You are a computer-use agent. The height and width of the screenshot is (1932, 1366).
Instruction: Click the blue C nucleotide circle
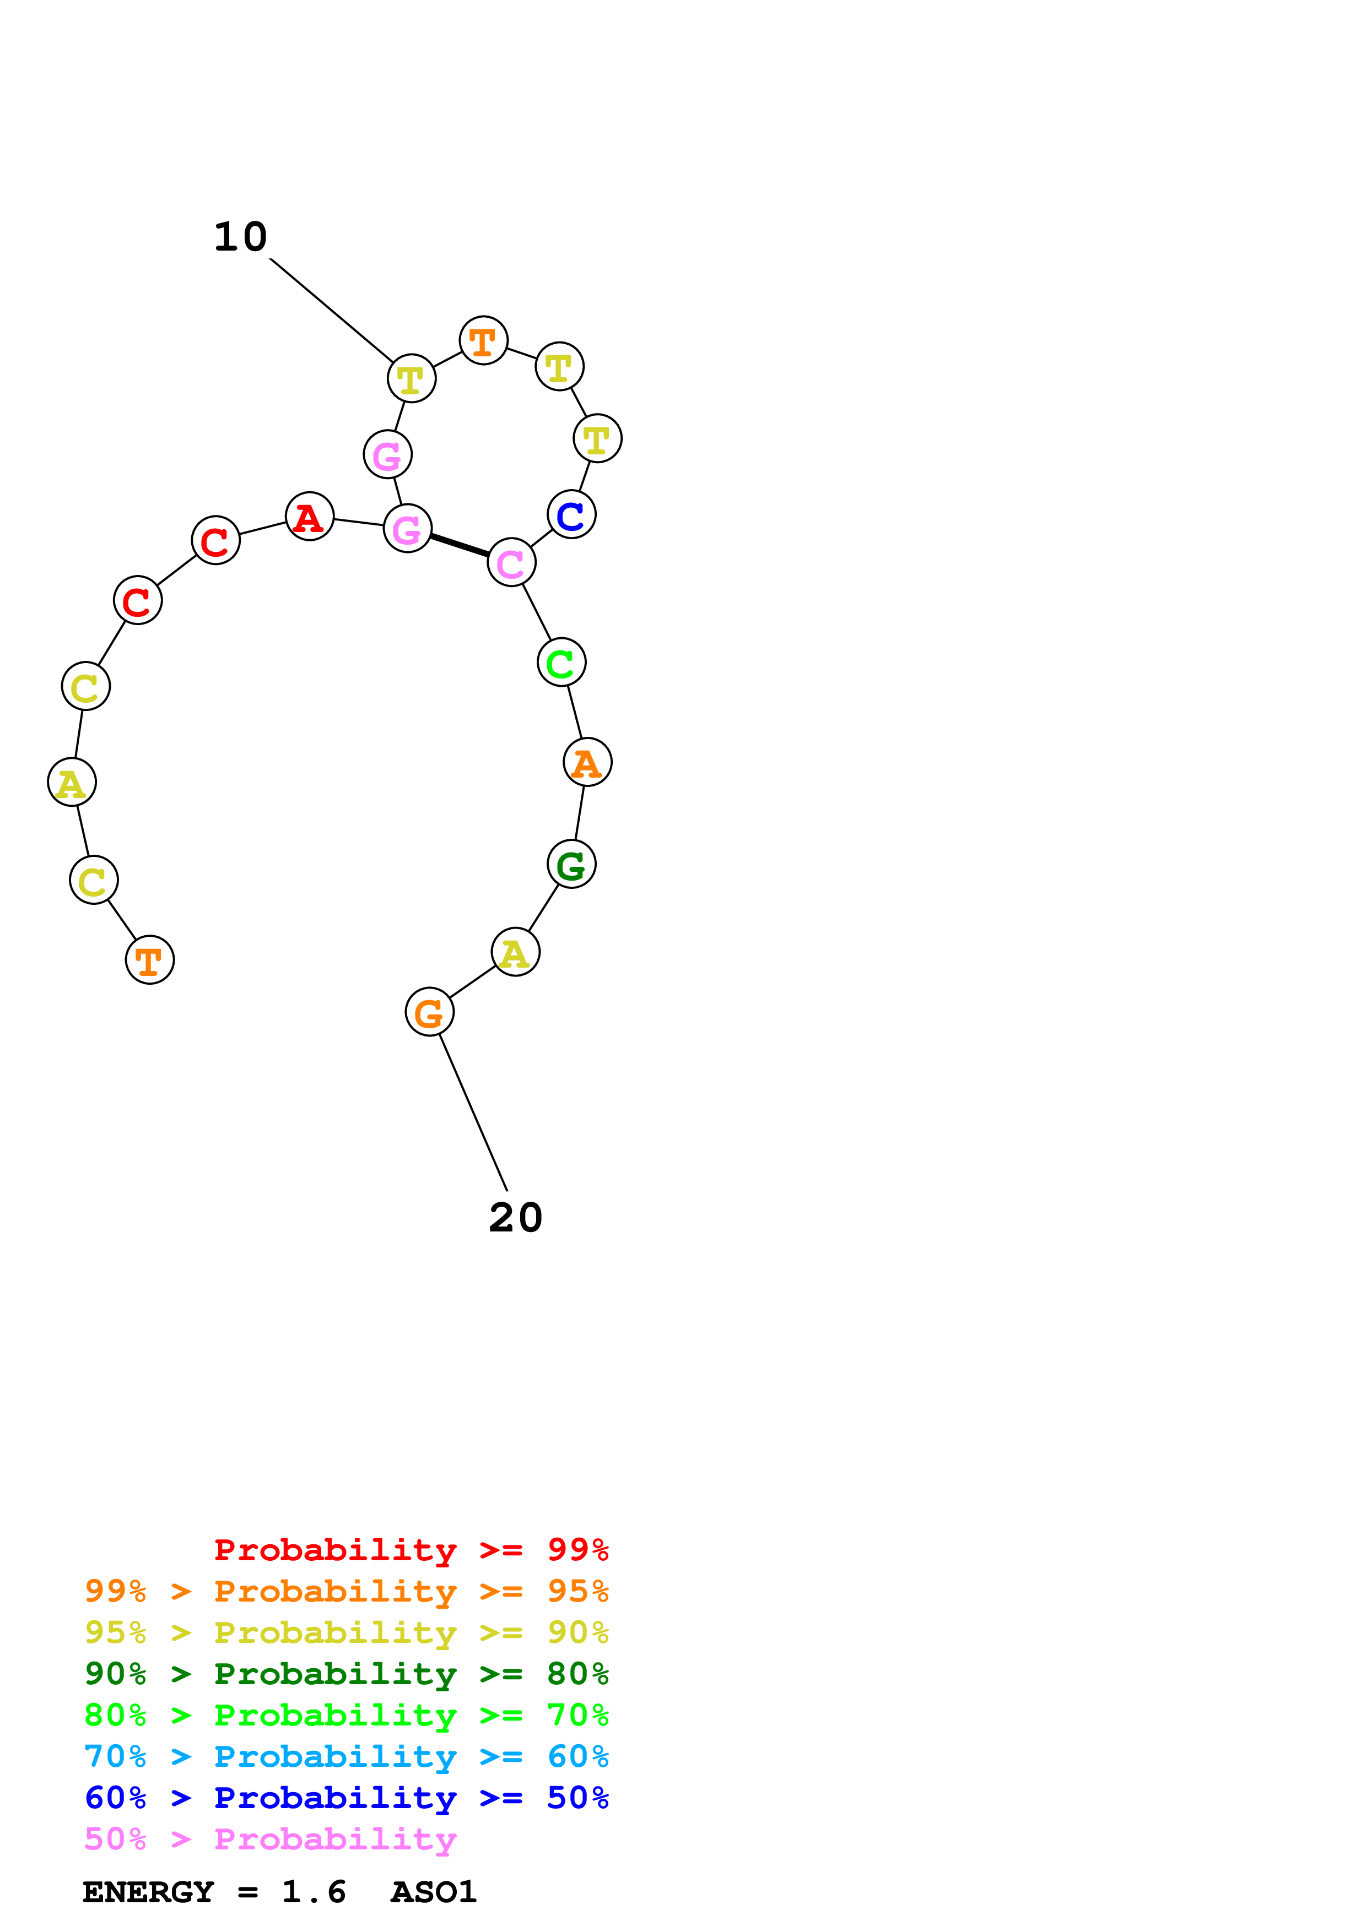point(571,515)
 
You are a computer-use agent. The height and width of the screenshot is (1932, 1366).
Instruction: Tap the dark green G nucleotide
point(571,864)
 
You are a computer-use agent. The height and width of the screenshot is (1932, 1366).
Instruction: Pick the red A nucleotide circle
point(310,517)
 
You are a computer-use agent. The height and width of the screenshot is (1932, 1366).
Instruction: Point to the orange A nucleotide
point(587,762)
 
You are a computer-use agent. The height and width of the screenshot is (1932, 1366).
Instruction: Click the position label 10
point(241,237)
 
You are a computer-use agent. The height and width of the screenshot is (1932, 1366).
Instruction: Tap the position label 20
point(515,1218)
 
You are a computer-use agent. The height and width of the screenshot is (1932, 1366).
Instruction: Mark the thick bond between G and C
point(460,545)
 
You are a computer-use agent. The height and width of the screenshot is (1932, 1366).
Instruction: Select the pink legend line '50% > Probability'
point(270,1840)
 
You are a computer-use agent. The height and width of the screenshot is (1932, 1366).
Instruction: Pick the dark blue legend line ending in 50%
point(346,1798)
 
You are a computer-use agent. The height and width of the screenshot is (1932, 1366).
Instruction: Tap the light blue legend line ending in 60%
point(346,1757)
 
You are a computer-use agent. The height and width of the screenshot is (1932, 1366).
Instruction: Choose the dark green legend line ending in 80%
point(346,1674)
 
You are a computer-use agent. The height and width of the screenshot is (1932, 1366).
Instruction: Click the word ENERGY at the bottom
point(148,1892)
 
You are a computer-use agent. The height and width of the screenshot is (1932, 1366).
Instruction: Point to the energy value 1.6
point(313,1892)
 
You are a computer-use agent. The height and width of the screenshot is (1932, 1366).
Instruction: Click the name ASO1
point(434,1892)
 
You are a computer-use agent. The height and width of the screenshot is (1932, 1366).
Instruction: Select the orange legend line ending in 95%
point(346,1591)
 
